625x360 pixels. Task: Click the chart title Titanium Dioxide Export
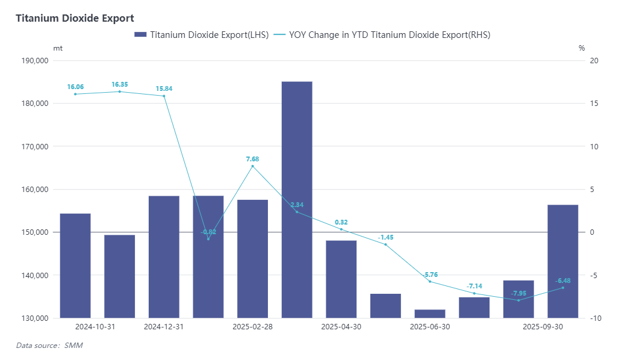tap(75, 19)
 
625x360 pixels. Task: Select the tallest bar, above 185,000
tap(297, 199)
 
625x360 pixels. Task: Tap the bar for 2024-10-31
tap(75, 265)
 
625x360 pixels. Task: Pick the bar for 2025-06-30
tap(430, 313)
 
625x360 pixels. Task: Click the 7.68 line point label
tap(252, 159)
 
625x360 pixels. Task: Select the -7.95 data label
tap(518, 293)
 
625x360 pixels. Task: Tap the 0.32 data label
tap(341, 222)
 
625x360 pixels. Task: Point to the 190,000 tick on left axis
tap(34, 60)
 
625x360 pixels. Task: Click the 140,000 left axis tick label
tap(34, 275)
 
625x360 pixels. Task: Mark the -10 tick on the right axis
tap(594, 318)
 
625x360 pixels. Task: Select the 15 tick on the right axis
tap(594, 104)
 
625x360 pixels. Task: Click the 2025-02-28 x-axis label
tap(252, 327)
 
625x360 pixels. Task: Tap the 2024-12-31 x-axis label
tap(164, 327)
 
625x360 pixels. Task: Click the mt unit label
tap(58, 48)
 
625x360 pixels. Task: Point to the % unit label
tap(582, 48)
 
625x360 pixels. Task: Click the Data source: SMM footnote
tap(49, 346)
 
